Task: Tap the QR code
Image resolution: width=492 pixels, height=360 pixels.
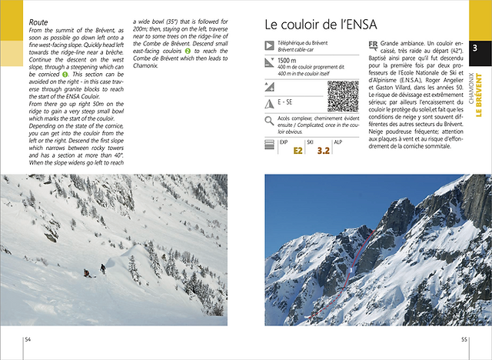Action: coord(343,95)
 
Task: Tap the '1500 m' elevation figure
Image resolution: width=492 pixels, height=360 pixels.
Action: coord(287,60)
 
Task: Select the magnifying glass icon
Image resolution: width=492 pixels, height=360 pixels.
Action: coord(270,121)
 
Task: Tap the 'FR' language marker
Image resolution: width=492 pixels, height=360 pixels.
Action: coord(373,45)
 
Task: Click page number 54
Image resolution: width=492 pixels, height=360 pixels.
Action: coord(28,338)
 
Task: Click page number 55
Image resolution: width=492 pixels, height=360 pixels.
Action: coord(464,338)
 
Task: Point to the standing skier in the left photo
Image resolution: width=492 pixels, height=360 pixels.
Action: coord(102,268)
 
